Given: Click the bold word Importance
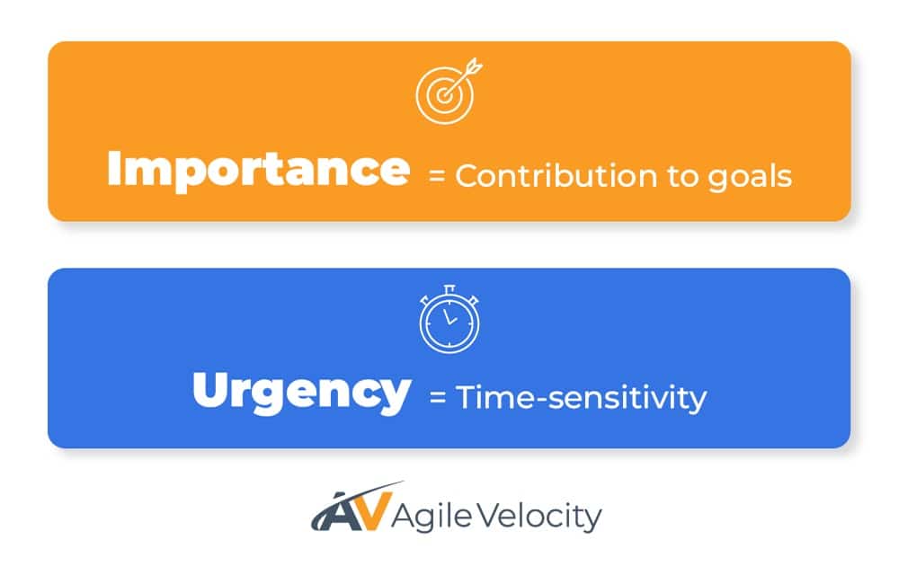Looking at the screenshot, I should pos(258,170).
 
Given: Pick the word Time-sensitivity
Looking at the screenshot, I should pos(581,397).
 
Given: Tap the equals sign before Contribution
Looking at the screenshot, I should pos(437,176).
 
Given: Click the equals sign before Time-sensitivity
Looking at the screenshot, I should pos(438,397).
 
